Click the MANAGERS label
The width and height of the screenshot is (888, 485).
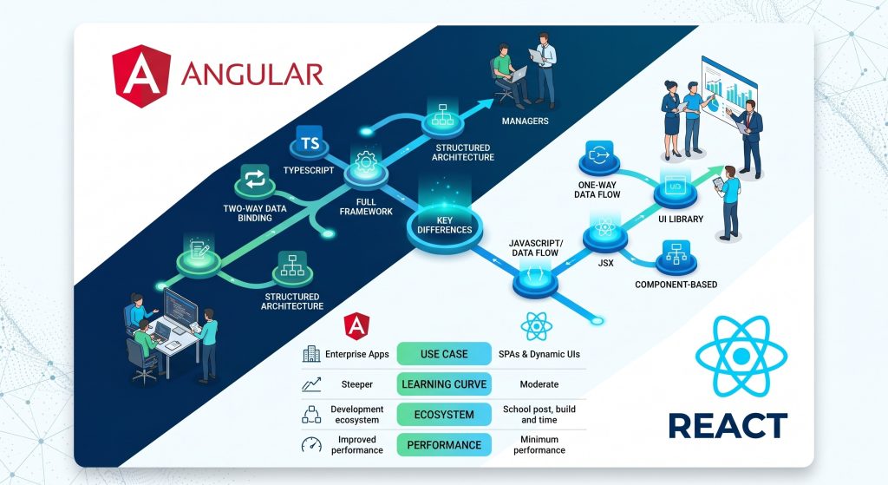click(x=525, y=121)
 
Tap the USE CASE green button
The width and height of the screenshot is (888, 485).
click(x=444, y=354)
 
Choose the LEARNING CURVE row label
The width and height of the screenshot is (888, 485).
click(x=444, y=384)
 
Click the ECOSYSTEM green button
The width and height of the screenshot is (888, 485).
click(x=444, y=415)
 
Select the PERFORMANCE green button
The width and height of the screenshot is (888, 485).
click(x=444, y=445)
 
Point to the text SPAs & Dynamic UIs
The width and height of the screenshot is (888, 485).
click(x=538, y=354)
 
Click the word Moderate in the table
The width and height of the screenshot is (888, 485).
click(x=538, y=384)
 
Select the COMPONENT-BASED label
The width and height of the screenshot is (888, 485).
click(x=676, y=285)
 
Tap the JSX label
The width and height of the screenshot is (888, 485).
click(x=605, y=261)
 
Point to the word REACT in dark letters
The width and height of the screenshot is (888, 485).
click(x=728, y=426)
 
